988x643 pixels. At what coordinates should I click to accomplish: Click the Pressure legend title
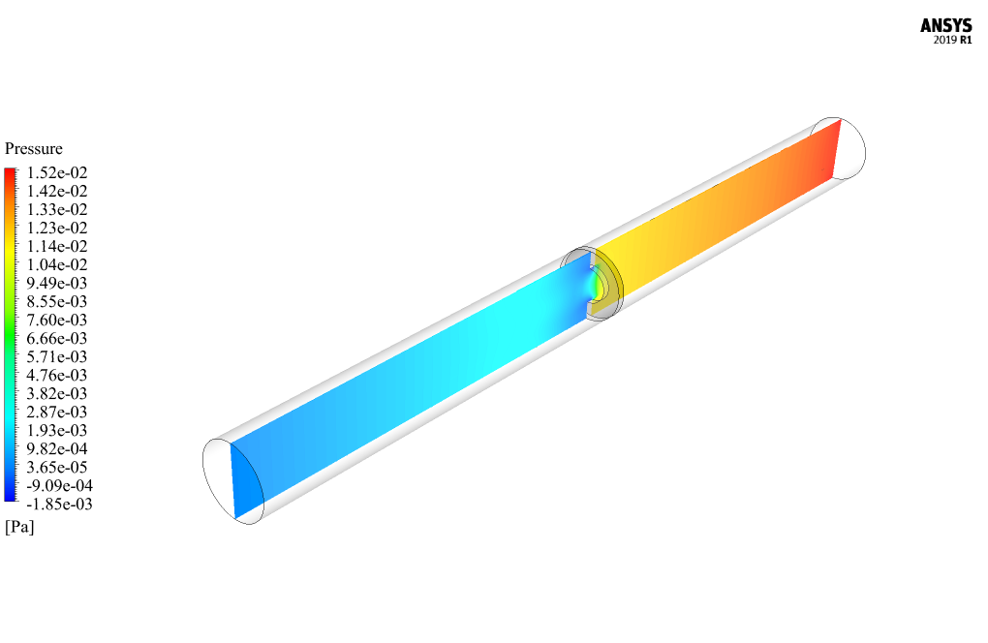click(34, 148)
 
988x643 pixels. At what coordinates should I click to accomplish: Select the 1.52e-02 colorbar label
click(57, 172)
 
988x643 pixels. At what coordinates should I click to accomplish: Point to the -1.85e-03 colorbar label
click(59, 504)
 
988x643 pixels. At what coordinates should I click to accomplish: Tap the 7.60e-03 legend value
click(57, 320)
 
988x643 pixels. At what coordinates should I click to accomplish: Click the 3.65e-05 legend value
click(57, 468)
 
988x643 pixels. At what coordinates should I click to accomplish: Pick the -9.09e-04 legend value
click(59, 485)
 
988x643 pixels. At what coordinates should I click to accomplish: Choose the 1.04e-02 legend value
click(57, 264)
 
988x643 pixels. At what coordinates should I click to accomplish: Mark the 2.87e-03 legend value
click(57, 412)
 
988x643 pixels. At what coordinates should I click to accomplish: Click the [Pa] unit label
click(19, 527)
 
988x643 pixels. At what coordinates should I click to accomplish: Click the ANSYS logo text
click(945, 26)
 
